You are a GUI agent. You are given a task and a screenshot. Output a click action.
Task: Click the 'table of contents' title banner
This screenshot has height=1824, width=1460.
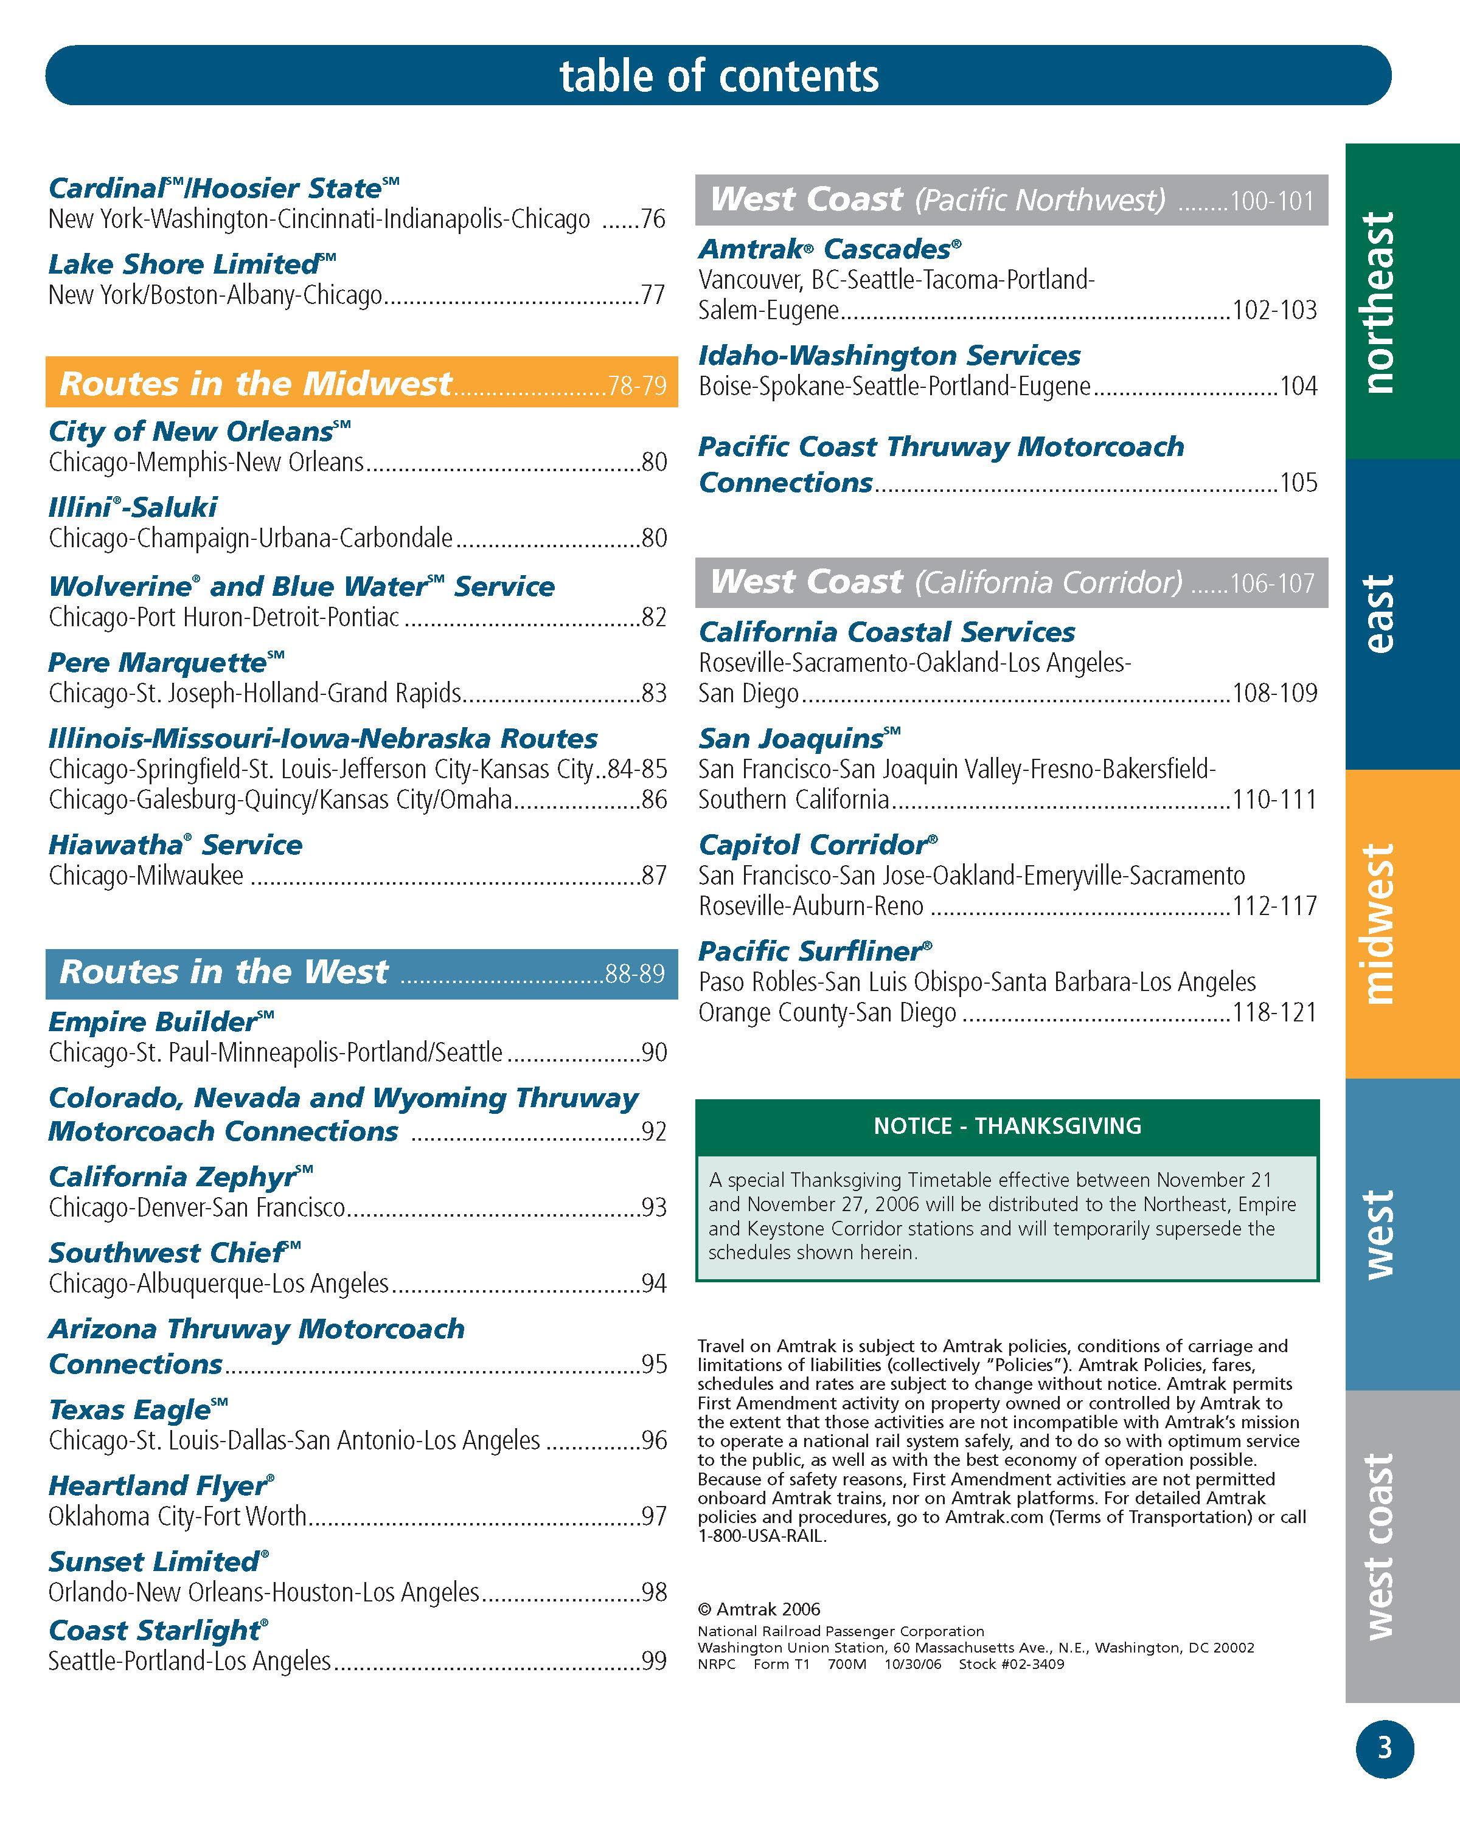718,75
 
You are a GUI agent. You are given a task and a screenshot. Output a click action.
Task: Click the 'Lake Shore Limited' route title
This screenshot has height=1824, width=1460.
191,265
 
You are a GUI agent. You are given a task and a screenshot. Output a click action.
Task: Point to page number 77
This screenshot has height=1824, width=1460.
653,295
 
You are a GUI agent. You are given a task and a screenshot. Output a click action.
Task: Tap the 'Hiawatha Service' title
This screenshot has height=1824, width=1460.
175,845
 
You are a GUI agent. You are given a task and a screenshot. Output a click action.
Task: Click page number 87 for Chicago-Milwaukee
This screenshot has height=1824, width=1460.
653,876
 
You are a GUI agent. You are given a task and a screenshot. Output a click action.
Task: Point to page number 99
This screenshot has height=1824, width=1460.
653,1660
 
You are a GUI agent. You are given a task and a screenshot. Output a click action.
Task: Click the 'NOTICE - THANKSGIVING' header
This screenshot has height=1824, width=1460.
1007,1126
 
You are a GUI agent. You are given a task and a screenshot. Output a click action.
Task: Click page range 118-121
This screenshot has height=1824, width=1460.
1274,1013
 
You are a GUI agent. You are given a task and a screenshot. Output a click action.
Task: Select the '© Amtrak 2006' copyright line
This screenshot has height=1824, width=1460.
759,1609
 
